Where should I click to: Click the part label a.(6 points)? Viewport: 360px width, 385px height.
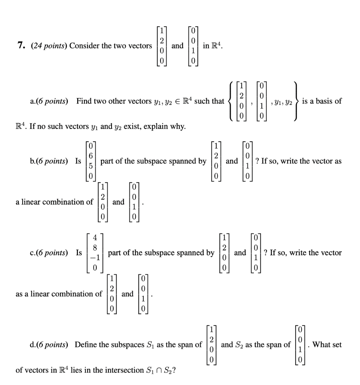tap(50, 101)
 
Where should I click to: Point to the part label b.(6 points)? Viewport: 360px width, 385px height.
tap(50, 161)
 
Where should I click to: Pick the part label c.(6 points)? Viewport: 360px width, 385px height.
tap(50, 253)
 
